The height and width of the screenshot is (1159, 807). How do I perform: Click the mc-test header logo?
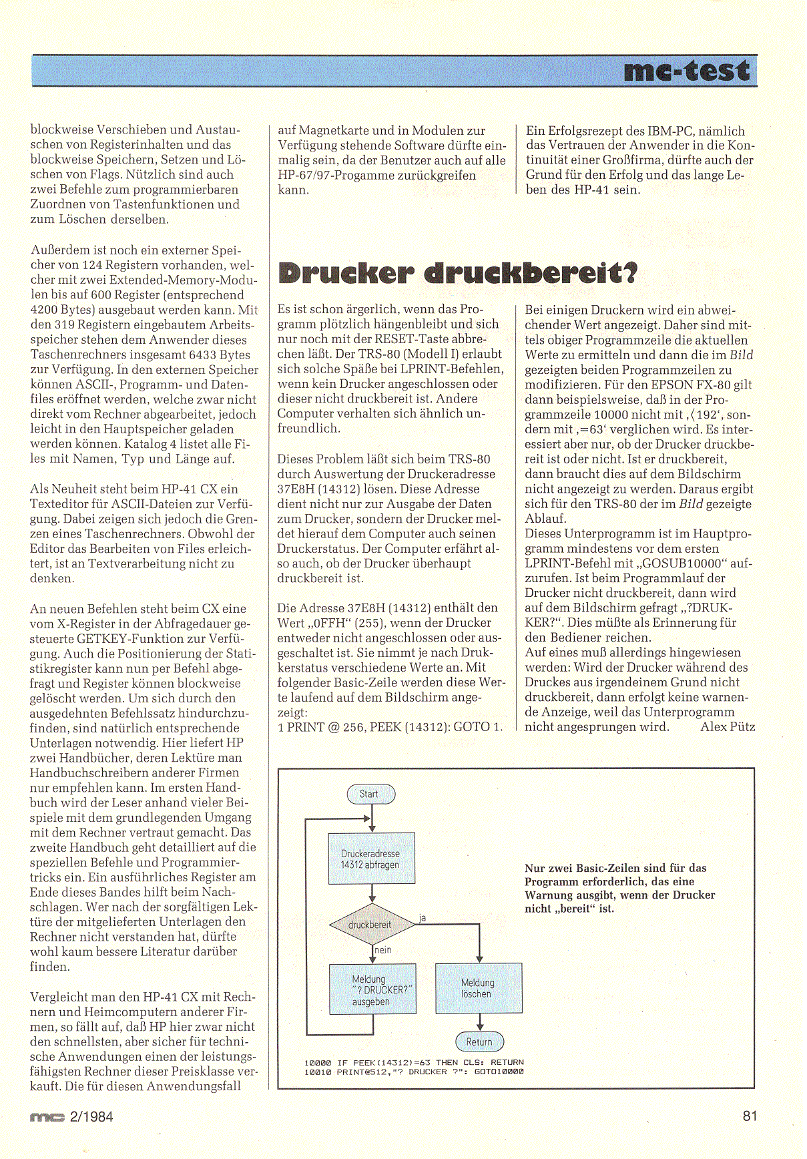[686, 71]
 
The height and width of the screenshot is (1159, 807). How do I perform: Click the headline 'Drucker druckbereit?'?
[457, 274]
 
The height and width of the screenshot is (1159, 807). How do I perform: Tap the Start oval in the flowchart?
[370, 794]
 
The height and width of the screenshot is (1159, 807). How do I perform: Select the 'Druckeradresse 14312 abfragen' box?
[371, 859]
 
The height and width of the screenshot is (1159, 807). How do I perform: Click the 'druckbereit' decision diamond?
[371, 925]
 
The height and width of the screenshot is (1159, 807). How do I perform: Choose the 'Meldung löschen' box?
[478, 988]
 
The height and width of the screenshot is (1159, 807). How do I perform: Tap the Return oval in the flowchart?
[479, 1041]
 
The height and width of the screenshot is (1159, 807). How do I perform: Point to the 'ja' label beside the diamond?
[422, 918]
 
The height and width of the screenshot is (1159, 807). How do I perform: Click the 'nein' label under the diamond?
[383, 950]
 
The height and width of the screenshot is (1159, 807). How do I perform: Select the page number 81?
[750, 1116]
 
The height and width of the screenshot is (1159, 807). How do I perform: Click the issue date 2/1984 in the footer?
[91, 1116]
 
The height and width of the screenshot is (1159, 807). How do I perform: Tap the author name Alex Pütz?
[727, 726]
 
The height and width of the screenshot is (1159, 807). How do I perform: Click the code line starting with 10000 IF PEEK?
[414, 1062]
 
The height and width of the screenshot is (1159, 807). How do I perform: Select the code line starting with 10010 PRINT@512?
[414, 1072]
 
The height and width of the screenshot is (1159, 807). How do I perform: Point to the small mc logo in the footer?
[47, 1117]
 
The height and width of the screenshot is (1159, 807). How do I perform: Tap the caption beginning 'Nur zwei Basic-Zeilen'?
[619, 888]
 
